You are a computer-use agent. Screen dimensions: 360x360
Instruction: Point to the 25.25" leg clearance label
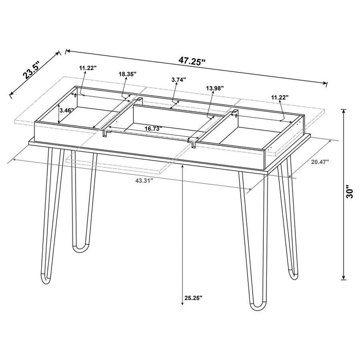pyautogui.click(x=192, y=297)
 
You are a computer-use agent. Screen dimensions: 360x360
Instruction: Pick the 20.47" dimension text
pyautogui.click(x=320, y=162)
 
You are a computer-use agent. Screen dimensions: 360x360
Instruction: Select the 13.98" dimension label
pyautogui.click(x=214, y=88)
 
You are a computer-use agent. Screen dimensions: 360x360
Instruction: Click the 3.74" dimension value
pyautogui.click(x=178, y=80)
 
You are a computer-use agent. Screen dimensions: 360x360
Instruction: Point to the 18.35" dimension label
pyautogui.click(x=127, y=74)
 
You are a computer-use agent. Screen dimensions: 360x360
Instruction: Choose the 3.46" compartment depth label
pyautogui.click(x=67, y=110)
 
